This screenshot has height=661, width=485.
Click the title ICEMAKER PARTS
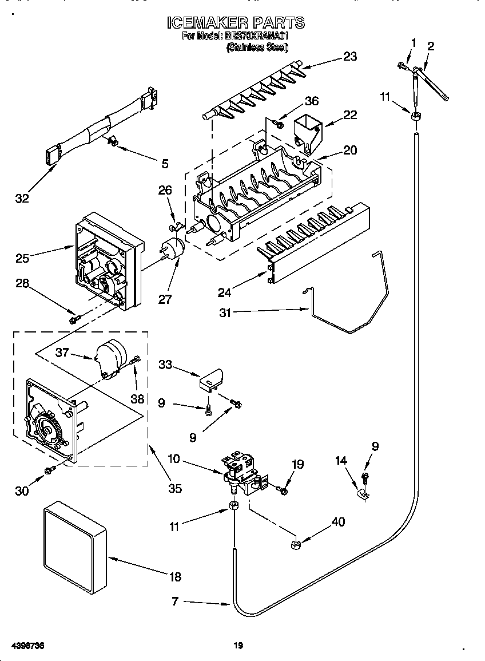pyautogui.click(x=235, y=23)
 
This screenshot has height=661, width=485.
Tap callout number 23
pyautogui.click(x=349, y=56)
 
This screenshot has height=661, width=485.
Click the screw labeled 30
pyautogui.click(x=50, y=470)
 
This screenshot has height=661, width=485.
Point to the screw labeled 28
pyautogui.click(x=74, y=319)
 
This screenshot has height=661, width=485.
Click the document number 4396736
pyautogui.click(x=27, y=646)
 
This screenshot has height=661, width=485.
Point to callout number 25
pyautogui.click(x=23, y=258)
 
